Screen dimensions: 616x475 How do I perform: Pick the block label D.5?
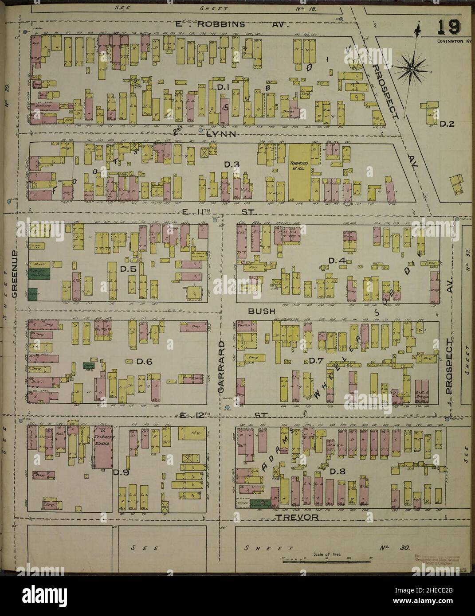pos(127,269)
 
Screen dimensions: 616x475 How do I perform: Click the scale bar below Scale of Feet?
pos(326,561)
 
